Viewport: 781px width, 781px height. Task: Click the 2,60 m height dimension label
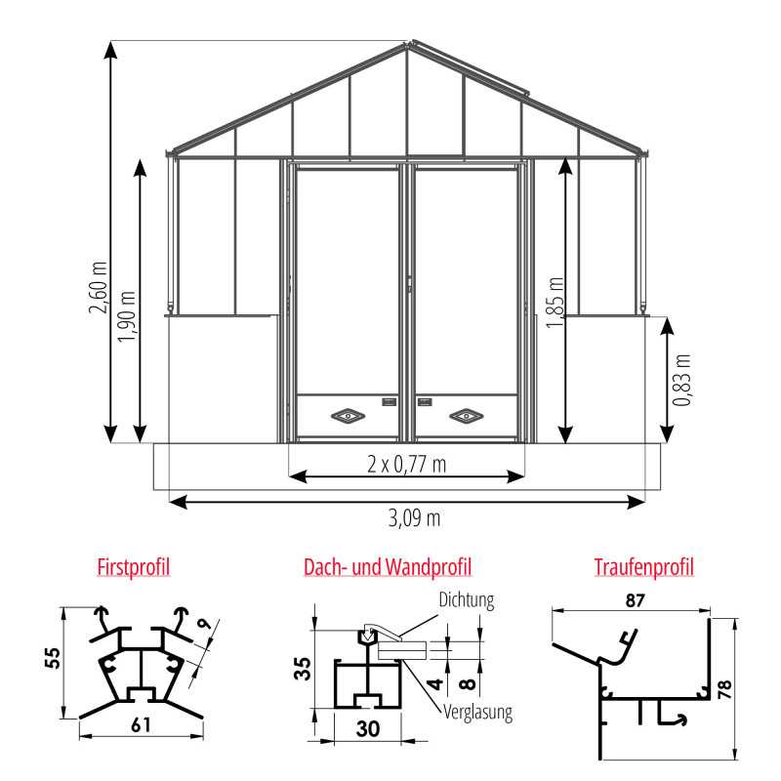point(99,287)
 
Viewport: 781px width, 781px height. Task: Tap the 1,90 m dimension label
point(127,316)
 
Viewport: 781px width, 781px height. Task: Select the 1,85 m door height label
point(555,303)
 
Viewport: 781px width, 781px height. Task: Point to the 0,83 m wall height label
point(681,381)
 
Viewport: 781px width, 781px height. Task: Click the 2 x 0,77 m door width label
point(406,465)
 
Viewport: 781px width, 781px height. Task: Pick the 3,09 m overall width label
point(414,518)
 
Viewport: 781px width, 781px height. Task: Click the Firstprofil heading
point(134,567)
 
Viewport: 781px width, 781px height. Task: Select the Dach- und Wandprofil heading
point(388,567)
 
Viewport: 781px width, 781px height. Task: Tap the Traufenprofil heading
point(643,567)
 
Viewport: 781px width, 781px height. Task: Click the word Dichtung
point(467,600)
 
